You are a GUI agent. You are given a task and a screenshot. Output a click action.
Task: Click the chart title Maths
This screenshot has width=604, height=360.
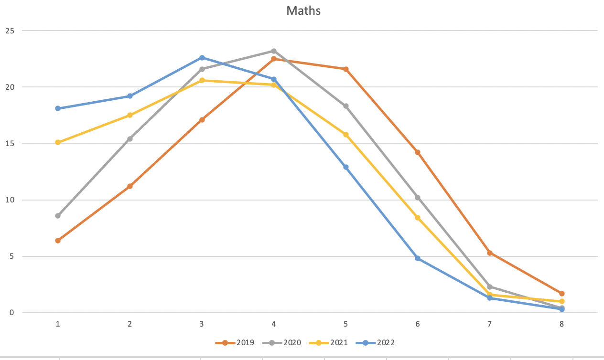point(303,11)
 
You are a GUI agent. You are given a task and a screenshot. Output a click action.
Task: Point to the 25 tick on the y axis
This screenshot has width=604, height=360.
point(10,31)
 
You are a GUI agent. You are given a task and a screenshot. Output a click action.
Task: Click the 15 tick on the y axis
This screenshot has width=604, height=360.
point(10,144)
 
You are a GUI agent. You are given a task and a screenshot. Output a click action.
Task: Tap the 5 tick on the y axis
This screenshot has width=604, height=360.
point(12,256)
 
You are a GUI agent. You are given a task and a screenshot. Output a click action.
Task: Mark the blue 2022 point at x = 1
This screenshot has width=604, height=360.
point(58,108)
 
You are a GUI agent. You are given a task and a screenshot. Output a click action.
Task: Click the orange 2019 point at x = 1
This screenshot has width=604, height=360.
point(58,241)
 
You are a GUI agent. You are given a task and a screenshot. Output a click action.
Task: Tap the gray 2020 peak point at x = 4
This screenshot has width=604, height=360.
point(274,51)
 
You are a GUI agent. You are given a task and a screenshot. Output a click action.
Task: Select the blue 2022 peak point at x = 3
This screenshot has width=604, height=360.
point(202,58)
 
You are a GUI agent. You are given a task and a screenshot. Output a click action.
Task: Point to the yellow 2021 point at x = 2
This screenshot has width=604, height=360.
point(130,115)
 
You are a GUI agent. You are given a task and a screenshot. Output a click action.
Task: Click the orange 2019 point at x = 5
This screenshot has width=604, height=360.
point(346,69)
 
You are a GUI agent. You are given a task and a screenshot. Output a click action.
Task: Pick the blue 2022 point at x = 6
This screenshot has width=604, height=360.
point(418,258)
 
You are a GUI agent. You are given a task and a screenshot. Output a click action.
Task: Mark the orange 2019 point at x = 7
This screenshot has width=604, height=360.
point(490,253)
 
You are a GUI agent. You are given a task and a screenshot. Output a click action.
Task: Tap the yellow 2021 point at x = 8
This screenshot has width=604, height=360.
point(562,301)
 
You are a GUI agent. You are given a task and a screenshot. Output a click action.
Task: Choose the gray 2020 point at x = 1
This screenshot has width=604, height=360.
point(58,216)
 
